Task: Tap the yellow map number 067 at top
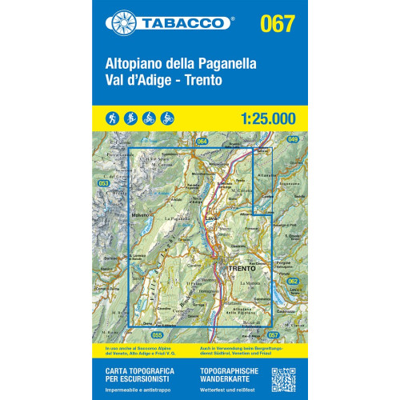click(x=277, y=22)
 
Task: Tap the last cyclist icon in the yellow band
click(x=166, y=118)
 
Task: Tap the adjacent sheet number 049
click(x=292, y=140)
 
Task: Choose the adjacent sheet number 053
click(x=103, y=183)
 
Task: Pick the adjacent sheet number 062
click(x=293, y=281)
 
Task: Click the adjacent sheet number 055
click(x=156, y=334)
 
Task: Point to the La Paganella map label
click(x=176, y=218)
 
